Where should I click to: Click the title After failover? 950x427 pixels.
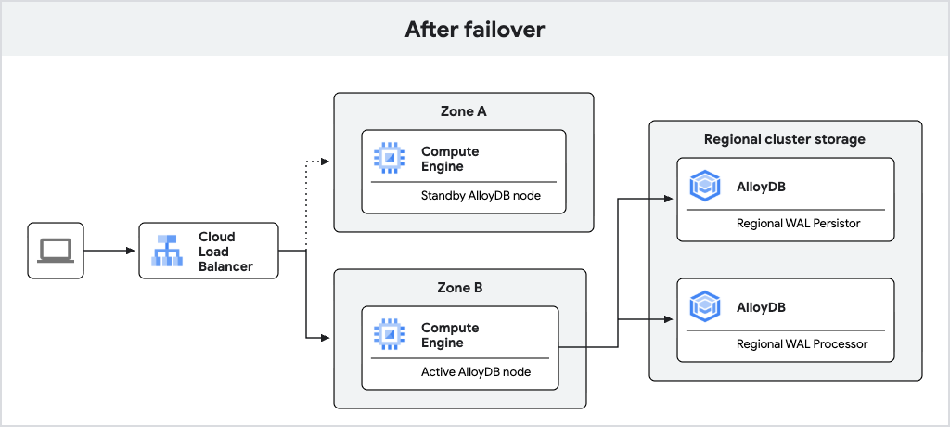coord(474,29)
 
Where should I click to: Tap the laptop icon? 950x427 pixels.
coord(55,250)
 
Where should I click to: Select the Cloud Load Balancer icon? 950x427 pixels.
coord(168,251)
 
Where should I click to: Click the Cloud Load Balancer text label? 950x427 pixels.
coord(225,252)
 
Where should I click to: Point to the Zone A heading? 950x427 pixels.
coord(463,111)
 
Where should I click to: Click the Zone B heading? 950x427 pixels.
coord(459,288)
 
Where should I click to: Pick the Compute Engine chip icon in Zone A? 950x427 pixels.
coord(390,158)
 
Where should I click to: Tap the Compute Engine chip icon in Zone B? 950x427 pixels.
coord(390,335)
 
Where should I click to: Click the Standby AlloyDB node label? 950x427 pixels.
coord(468,196)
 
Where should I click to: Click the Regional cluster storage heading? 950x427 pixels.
coord(785,139)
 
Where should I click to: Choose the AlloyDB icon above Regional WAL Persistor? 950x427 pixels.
coord(705,186)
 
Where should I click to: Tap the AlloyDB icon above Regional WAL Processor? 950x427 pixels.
coord(705,306)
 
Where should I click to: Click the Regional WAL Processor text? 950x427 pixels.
coord(802,343)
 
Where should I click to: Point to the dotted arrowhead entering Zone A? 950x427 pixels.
coord(325,162)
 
